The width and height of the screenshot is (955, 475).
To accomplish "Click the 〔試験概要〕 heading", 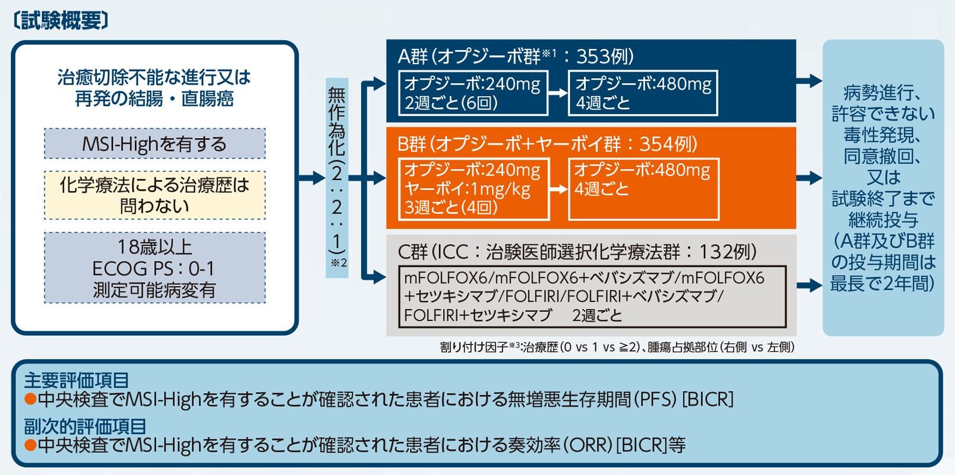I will [61, 20].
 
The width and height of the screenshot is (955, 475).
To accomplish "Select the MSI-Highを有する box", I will [154, 143].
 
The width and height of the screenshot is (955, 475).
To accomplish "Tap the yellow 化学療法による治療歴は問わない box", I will [154, 195].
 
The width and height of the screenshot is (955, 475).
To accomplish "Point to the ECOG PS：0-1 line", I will [154, 268].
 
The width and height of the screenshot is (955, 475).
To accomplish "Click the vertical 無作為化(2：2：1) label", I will [337, 175].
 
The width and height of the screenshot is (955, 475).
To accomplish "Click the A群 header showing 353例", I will [515, 56].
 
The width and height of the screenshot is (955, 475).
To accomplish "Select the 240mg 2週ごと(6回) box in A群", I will [472, 93].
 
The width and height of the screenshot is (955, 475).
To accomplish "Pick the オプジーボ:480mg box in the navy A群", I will [643, 93].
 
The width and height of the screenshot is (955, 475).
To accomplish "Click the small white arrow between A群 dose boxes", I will [558, 93].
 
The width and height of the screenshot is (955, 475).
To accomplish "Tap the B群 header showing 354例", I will [547, 143].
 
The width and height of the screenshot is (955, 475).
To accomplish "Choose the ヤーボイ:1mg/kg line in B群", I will [467, 189].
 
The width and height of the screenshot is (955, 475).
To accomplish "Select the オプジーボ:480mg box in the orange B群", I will [643, 189].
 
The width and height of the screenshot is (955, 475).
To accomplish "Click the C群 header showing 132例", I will [576, 251].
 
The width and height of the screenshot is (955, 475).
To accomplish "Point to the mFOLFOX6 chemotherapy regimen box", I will [592, 297].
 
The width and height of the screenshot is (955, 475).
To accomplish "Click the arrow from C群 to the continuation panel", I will [809, 285].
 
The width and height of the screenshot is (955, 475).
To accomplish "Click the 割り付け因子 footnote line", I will [617, 347].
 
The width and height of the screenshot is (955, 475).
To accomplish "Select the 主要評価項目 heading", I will [76, 380].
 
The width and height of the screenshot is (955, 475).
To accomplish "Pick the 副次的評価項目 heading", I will [85, 426].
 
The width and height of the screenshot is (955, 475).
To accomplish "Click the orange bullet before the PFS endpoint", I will [30, 399].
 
